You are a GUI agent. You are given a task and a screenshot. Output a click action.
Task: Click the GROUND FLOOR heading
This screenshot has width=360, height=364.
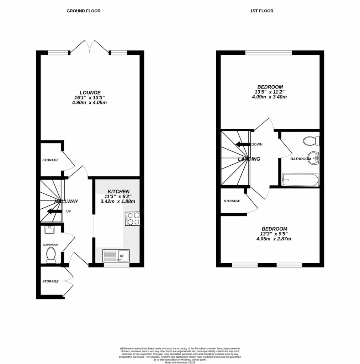84,11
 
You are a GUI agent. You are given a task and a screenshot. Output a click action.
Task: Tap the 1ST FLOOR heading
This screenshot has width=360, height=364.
261,11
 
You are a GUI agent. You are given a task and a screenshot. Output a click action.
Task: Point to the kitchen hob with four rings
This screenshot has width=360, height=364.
132,219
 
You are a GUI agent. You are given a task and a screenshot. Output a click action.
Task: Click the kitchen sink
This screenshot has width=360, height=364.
116,255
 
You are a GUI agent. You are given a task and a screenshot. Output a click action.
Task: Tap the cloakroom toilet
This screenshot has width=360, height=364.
51,255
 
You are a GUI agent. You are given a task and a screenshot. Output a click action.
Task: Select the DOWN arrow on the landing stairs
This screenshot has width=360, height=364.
243,144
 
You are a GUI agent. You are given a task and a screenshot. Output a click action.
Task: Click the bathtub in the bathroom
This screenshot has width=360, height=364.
300,180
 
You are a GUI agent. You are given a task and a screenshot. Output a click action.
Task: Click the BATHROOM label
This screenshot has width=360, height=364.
301,159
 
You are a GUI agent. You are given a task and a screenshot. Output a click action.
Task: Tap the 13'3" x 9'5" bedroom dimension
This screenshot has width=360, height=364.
274,234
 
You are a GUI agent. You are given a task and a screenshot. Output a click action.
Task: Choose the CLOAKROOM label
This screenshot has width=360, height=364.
51,245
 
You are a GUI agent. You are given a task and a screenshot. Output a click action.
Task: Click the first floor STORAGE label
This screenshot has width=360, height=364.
232,201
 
